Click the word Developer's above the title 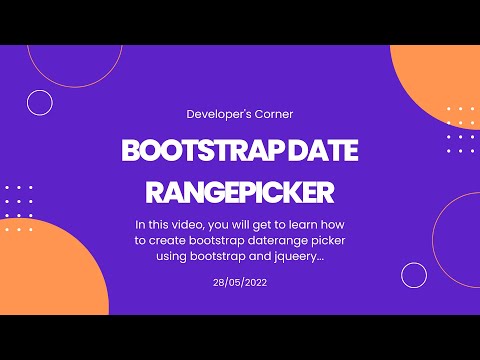(214, 115)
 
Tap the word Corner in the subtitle (269, 115)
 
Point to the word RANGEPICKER (240, 190)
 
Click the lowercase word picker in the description (319, 240)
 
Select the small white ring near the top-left (40, 101)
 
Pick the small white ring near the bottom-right (414, 275)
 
